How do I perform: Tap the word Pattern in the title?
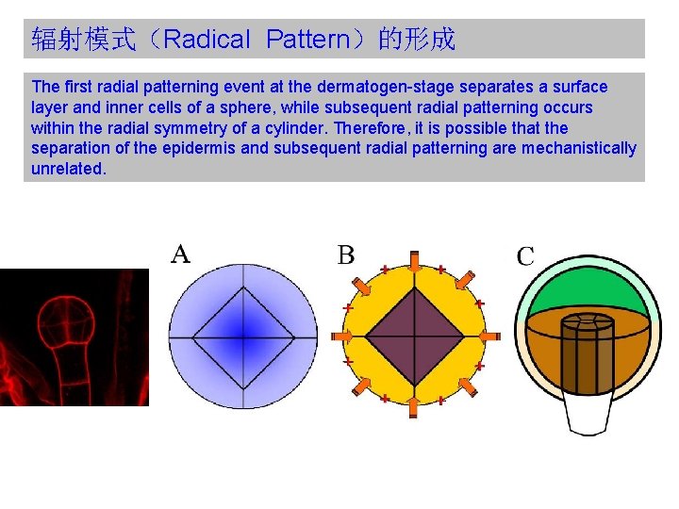tap(307, 40)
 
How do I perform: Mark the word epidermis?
tap(211, 149)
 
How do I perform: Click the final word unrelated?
tap(69, 170)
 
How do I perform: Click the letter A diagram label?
tap(181, 254)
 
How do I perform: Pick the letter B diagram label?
tap(346, 254)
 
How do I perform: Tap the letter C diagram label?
tap(525, 255)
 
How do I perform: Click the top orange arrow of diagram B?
tap(414, 259)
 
